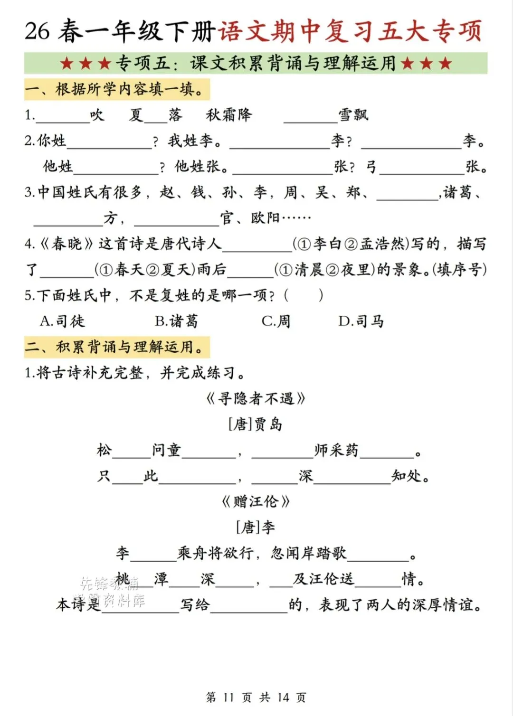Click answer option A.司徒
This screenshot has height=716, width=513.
(x=62, y=321)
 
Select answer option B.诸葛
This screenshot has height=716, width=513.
(x=176, y=321)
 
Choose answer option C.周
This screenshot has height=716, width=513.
(x=276, y=321)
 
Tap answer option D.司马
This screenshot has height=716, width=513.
(x=361, y=321)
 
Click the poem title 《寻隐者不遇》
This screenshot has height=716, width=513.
(x=256, y=398)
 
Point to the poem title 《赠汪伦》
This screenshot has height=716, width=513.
(x=256, y=501)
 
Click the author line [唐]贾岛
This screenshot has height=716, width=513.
(x=256, y=424)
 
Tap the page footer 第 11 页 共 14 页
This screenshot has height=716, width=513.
(x=256, y=697)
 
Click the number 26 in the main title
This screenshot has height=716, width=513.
(x=37, y=31)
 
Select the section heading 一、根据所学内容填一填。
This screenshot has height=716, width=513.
(x=116, y=89)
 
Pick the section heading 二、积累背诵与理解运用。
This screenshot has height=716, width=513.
(x=116, y=347)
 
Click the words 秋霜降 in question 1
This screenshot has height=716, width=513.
(x=228, y=115)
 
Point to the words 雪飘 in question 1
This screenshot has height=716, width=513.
(x=353, y=115)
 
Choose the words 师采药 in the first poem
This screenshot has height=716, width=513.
(x=336, y=450)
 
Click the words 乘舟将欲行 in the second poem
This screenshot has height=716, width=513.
(x=215, y=553)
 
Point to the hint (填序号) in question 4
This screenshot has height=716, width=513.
(x=459, y=270)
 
